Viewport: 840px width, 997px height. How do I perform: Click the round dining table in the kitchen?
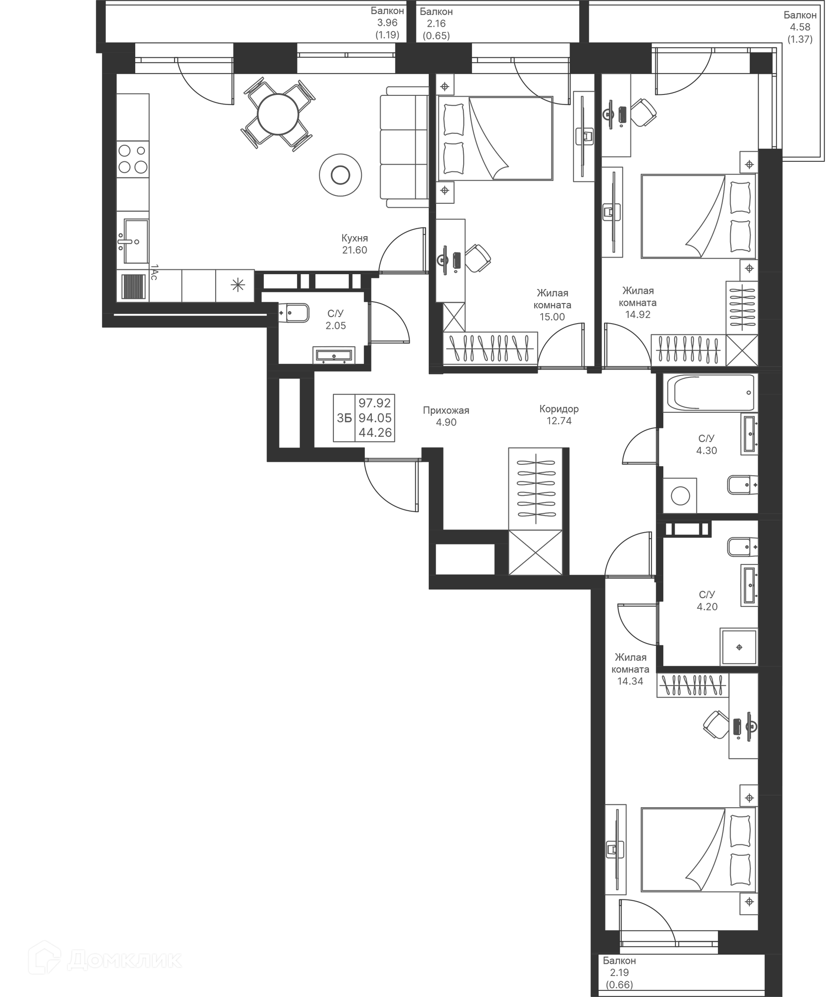point(278,114)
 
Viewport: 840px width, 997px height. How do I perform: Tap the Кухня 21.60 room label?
point(354,244)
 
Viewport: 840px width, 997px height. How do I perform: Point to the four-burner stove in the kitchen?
point(133,159)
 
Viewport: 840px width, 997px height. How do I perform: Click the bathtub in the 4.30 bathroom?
point(709,393)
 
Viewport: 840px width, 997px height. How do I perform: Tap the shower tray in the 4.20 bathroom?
point(738,647)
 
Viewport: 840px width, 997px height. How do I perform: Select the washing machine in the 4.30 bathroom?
point(680,496)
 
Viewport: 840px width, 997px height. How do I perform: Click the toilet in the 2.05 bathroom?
point(293,313)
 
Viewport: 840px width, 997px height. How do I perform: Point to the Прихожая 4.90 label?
point(446,416)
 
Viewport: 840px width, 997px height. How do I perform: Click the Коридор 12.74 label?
point(559,415)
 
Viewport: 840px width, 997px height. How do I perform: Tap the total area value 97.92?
point(375,403)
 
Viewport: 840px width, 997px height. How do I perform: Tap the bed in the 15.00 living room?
point(495,139)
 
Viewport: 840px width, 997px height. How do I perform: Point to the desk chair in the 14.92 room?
point(644,112)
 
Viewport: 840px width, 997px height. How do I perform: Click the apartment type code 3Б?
point(344,418)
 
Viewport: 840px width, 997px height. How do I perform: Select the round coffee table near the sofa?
point(340,175)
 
